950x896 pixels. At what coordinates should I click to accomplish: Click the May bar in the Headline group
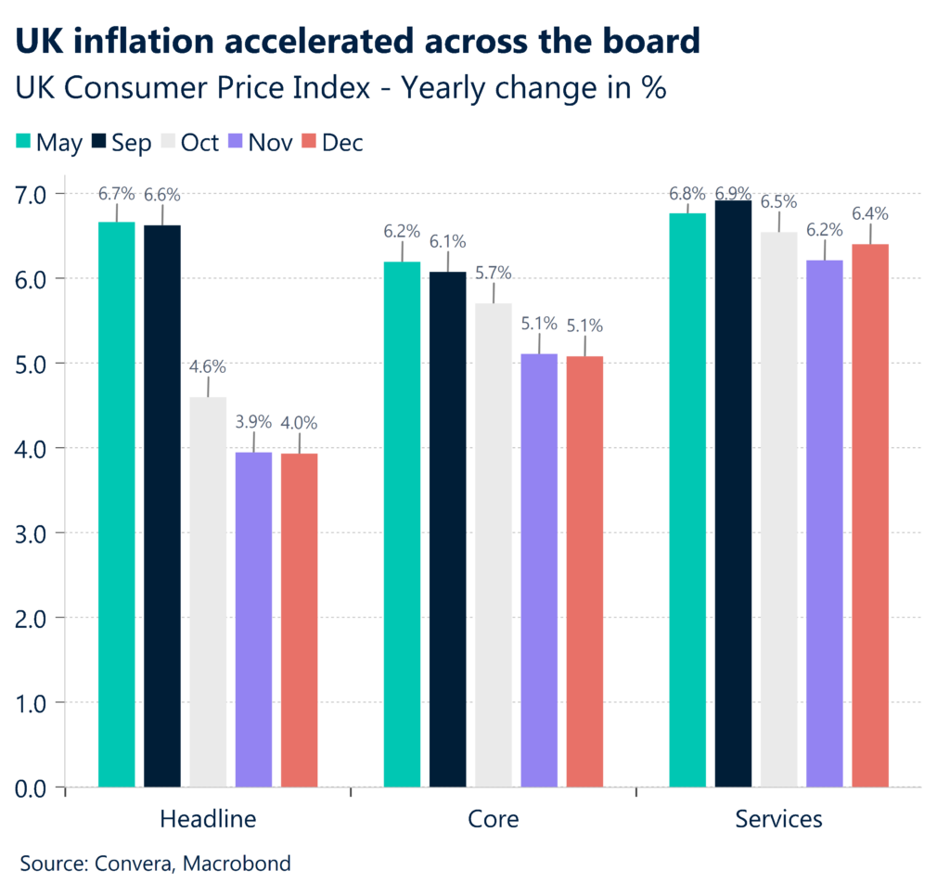[x=116, y=506]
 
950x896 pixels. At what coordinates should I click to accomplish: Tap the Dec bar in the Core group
[x=584, y=571]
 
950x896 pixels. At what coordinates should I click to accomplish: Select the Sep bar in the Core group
[x=447, y=530]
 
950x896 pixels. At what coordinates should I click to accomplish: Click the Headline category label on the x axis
[x=208, y=820]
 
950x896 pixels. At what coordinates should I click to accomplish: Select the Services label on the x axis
[x=778, y=820]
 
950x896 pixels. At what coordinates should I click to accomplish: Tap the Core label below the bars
[x=493, y=820]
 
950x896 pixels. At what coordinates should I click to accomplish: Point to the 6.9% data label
[x=733, y=194]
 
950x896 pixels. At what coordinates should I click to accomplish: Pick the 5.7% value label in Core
[x=493, y=273]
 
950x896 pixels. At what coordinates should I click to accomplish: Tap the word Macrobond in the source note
[x=237, y=864]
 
